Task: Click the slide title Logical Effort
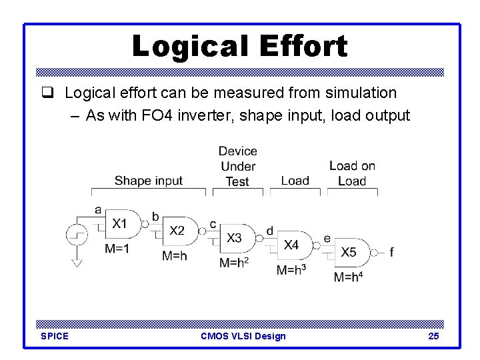click(x=239, y=47)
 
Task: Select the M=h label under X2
click(x=175, y=255)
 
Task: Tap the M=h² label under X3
click(x=234, y=263)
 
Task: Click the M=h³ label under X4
click(x=291, y=270)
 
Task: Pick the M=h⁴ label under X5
click(x=347, y=277)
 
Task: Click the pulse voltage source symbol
click(x=77, y=235)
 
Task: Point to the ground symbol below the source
click(x=77, y=262)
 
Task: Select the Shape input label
click(x=148, y=181)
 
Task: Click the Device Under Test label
click(x=237, y=167)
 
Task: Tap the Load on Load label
click(x=352, y=173)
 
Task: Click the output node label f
click(x=391, y=252)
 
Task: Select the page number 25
click(x=433, y=336)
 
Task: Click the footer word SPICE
click(x=55, y=336)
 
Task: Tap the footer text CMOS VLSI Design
click(x=243, y=336)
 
